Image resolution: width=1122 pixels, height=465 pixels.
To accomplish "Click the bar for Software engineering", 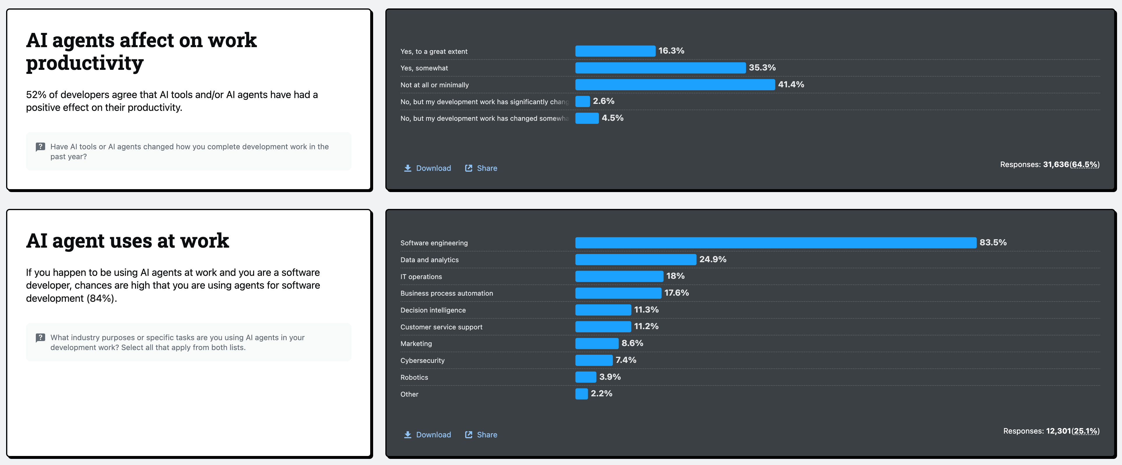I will [x=775, y=243].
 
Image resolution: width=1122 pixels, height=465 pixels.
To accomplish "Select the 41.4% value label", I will [x=791, y=84].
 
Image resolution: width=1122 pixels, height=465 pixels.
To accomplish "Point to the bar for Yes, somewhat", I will [x=660, y=68].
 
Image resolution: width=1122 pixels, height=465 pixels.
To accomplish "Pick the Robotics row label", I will [x=414, y=377].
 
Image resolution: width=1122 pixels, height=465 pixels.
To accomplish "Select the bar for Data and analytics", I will [x=636, y=260].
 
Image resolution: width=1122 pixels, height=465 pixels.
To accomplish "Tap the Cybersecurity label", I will [x=422, y=361].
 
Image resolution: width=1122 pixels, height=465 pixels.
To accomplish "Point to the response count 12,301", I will [x=1059, y=431].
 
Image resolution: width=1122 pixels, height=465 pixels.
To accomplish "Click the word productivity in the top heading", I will [x=85, y=63].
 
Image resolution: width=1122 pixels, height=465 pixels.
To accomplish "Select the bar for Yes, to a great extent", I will [x=615, y=51].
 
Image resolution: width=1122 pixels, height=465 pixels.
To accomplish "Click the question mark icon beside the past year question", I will [x=40, y=147].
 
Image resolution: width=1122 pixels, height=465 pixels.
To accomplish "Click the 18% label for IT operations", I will [x=675, y=276].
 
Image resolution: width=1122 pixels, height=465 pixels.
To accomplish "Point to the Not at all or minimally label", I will [x=435, y=85].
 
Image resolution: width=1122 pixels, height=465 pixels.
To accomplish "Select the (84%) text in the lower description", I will [x=101, y=298].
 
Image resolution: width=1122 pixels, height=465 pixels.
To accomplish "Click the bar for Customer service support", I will [x=603, y=327].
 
